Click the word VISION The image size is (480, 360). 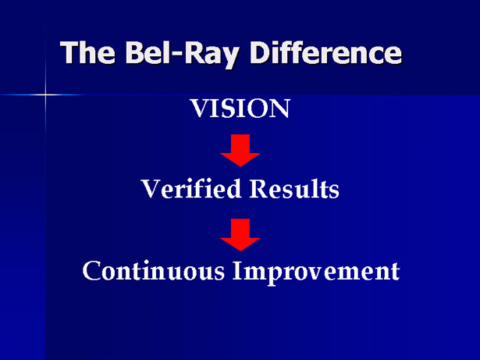(x=240, y=108)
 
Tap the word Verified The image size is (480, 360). (x=191, y=188)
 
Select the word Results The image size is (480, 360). (x=294, y=188)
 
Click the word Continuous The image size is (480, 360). (x=154, y=271)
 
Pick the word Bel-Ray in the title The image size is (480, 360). (x=181, y=54)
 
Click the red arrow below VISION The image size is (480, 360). (x=240, y=150)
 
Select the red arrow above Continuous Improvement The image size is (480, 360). (x=240, y=235)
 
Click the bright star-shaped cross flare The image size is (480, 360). (x=45, y=95)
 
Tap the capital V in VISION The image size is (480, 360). (x=200, y=108)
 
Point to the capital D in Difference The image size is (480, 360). (x=261, y=52)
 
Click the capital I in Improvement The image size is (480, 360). (x=237, y=270)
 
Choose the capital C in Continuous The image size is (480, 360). (x=91, y=271)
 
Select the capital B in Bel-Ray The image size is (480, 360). (x=136, y=52)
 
